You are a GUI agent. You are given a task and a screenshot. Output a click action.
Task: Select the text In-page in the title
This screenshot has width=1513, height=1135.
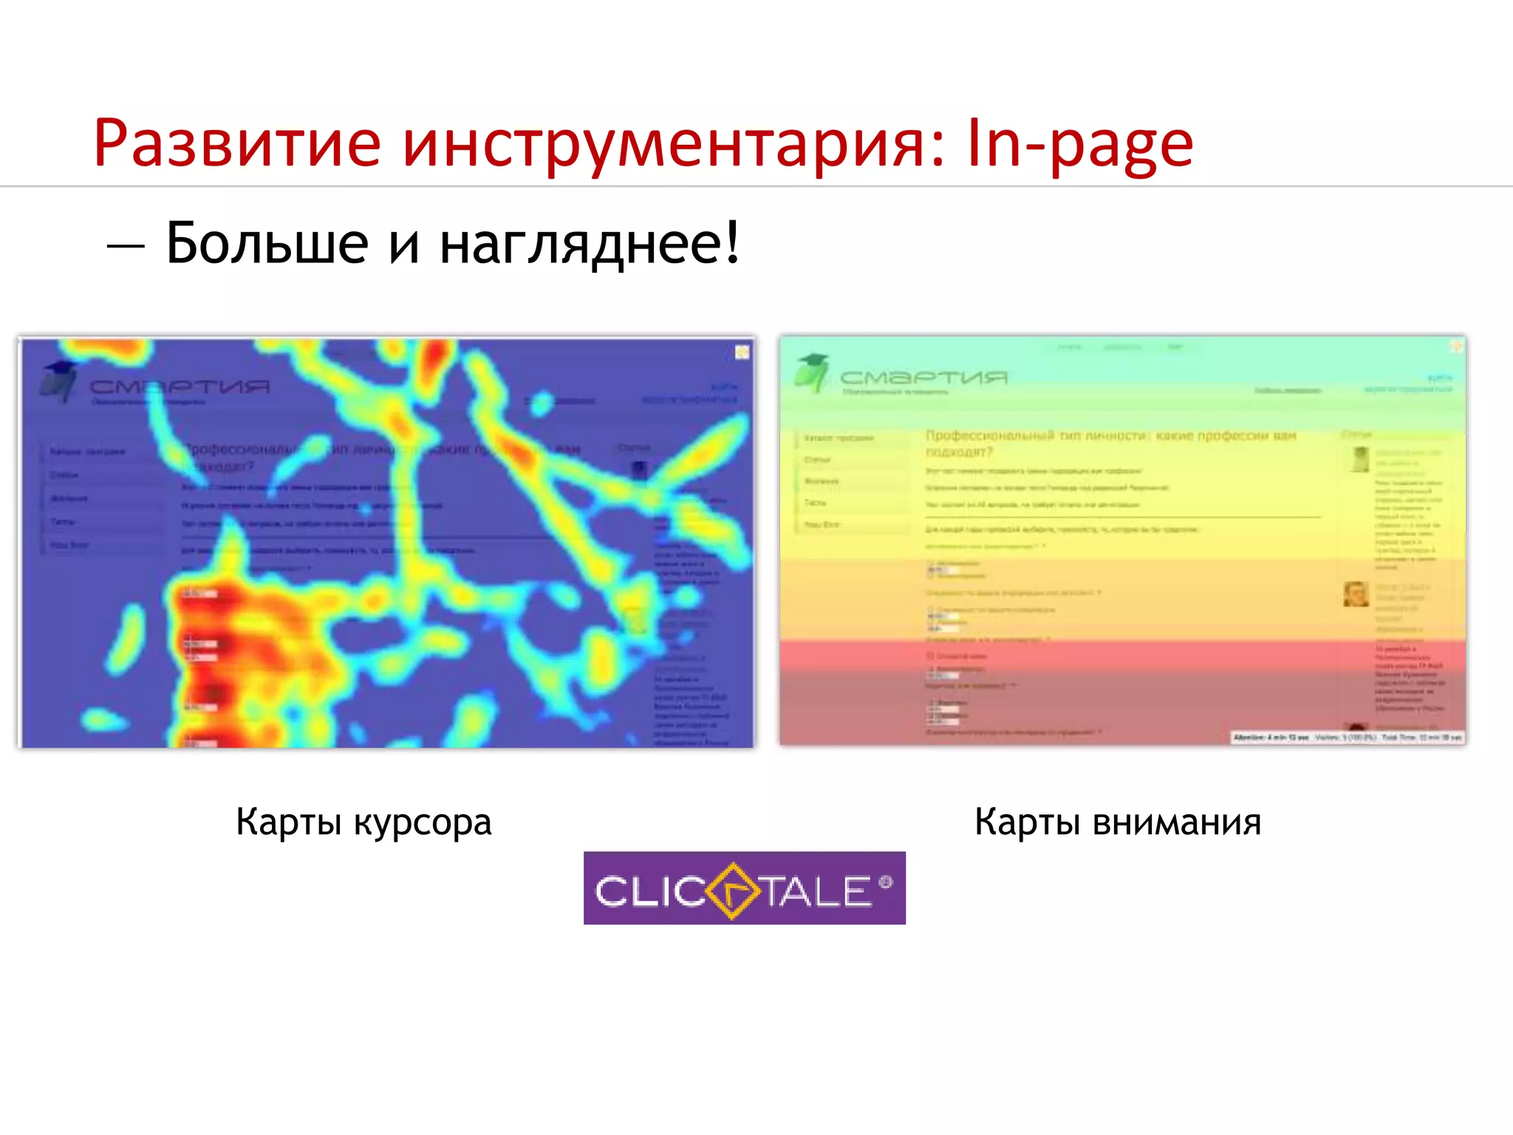click(1080, 144)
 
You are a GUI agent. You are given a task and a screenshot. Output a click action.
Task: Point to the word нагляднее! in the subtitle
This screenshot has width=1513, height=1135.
click(590, 244)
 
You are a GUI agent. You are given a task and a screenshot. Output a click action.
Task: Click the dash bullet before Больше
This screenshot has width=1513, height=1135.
click(125, 245)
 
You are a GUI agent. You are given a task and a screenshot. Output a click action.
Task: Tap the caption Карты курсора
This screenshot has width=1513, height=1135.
click(363, 822)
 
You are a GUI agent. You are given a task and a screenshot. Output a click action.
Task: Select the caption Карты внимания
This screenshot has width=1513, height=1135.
click(1118, 822)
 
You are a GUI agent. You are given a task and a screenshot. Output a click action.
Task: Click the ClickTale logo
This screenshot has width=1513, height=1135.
click(744, 887)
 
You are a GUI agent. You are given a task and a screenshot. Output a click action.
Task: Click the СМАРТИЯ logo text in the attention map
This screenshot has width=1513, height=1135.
click(923, 378)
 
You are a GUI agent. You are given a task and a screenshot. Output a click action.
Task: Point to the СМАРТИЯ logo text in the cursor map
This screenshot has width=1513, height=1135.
click(180, 386)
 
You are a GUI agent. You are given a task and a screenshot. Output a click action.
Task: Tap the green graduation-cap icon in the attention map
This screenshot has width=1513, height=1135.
click(812, 372)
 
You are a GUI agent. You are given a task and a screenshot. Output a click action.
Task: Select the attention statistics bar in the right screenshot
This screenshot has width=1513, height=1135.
click(1347, 737)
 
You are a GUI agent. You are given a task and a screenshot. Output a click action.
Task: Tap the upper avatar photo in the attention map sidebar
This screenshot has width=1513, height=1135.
click(1360, 459)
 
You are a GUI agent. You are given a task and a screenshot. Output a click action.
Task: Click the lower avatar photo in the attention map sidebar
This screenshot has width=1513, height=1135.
click(1356, 593)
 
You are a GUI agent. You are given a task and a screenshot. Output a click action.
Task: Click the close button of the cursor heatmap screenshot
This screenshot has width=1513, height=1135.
click(742, 352)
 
